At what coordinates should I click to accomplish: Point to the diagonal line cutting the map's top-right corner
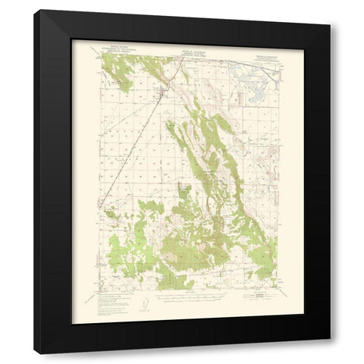pos(262,67)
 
